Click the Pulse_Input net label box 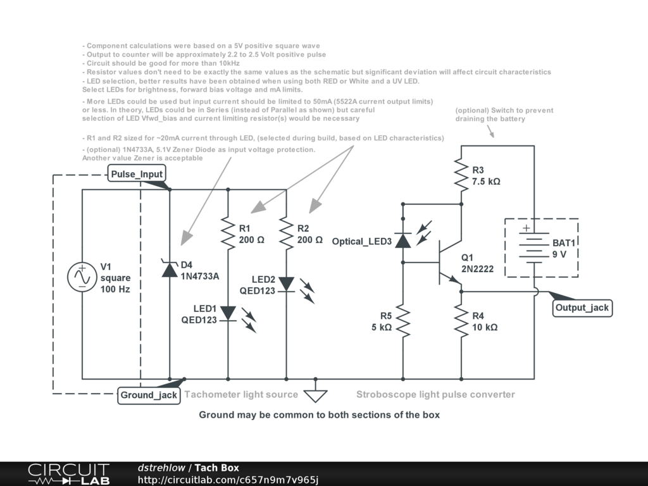pyautogui.click(x=137, y=174)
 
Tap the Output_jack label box pyautogui.click(x=582, y=308)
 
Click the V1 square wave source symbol pyautogui.click(x=82, y=277)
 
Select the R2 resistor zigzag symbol pyautogui.click(x=287, y=232)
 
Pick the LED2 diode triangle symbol pyautogui.click(x=287, y=283)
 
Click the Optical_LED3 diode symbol pyautogui.click(x=403, y=240)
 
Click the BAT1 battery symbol pyautogui.click(x=534, y=247)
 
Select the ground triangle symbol pyautogui.click(x=315, y=395)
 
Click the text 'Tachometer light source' pyautogui.click(x=241, y=394)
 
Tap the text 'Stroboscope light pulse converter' pyautogui.click(x=435, y=394)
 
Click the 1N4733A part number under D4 pyautogui.click(x=200, y=276)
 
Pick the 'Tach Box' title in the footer pyautogui.click(x=216, y=468)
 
